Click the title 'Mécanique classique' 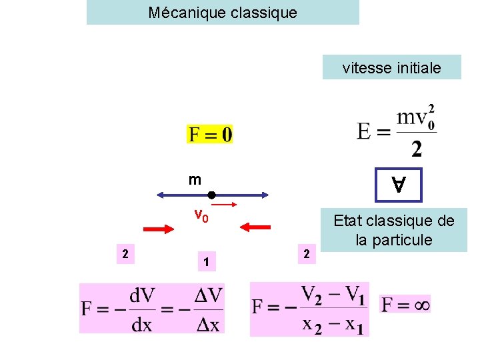tap(223, 13)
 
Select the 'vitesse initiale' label tap(391, 67)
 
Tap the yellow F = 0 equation tap(210, 135)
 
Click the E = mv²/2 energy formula tap(397, 130)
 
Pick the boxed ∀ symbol tap(398, 185)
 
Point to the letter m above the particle tap(195, 179)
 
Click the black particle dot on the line tap(210, 195)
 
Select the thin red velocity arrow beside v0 tap(225, 205)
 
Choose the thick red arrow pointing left tap(255, 227)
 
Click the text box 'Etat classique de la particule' tap(393, 230)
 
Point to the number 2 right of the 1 tap(306, 253)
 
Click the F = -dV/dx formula tap(153, 308)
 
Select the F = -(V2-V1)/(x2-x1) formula tap(309, 309)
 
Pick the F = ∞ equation tap(405, 305)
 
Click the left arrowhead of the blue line tap(161, 195)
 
